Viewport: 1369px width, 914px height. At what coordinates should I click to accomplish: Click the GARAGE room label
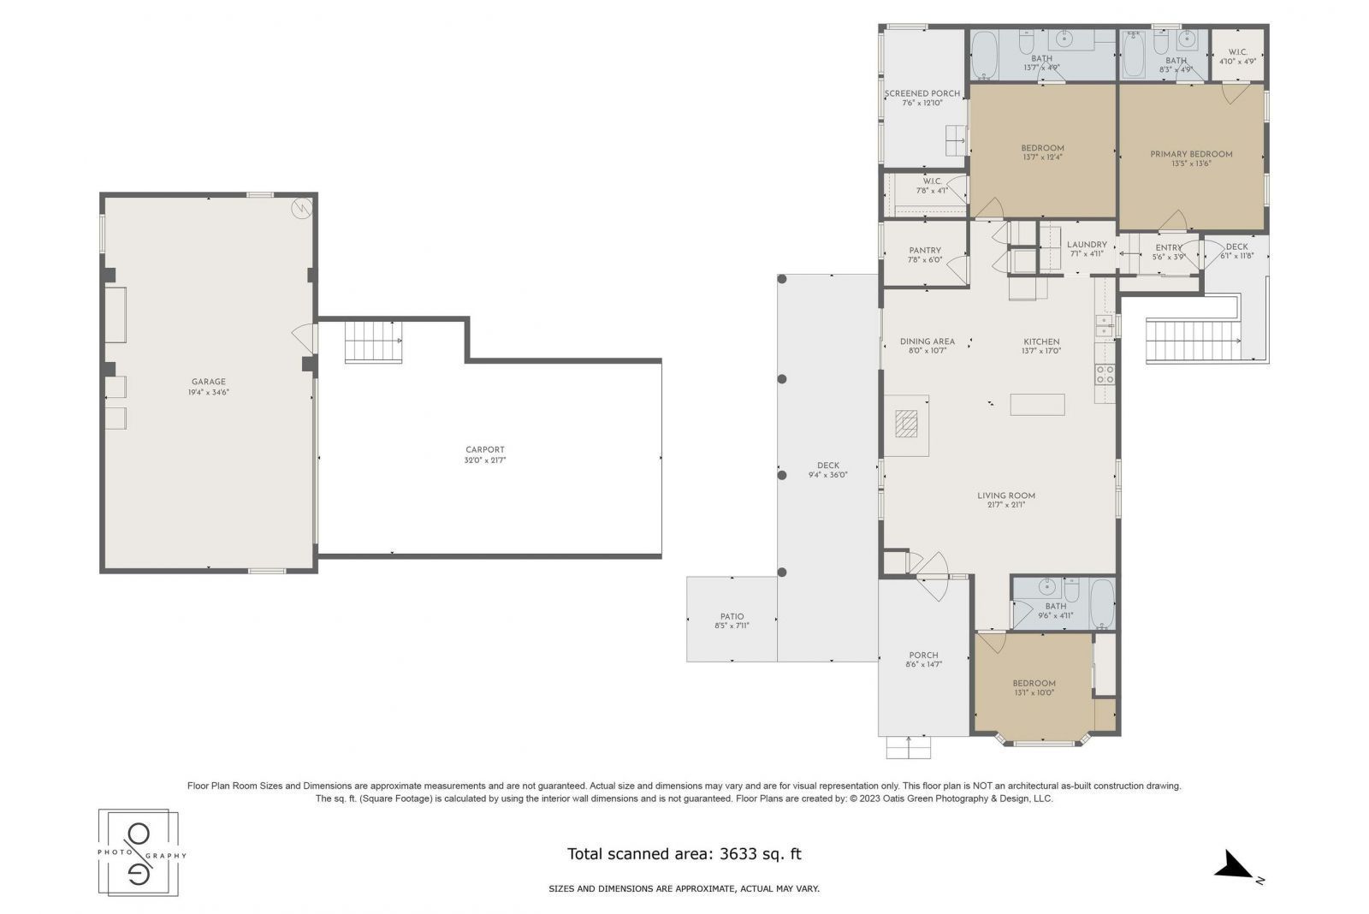(x=209, y=382)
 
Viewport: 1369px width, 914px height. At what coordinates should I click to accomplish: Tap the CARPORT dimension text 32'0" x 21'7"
(x=485, y=460)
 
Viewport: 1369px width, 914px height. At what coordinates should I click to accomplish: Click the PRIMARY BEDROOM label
(x=1191, y=154)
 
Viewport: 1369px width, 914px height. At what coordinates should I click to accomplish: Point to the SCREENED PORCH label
(x=922, y=93)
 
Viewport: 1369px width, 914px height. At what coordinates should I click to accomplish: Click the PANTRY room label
(x=925, y=251)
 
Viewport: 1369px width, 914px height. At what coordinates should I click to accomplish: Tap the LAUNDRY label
(x=1087, y=245)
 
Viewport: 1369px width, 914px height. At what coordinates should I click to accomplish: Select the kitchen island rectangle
(x=1037, y=404)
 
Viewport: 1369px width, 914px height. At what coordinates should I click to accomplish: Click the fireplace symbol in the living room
(x=906, y=423)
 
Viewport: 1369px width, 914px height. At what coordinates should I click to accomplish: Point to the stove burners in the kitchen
(x=1105, y=373)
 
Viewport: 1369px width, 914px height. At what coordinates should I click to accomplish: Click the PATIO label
(x=732, y=616)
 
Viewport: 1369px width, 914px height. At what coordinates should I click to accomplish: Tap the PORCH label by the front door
(x=923, y=656)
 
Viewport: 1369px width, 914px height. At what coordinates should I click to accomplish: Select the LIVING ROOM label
(x=1006, y=496)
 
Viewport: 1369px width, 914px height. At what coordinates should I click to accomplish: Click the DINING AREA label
(x=927, y=341)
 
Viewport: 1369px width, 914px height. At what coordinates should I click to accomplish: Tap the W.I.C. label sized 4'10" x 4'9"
(x=1237, y=52)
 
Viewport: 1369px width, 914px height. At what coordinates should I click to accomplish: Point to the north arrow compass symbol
(x=1236, y=866)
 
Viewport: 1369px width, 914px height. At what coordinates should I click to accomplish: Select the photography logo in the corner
(x=139, y=852)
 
